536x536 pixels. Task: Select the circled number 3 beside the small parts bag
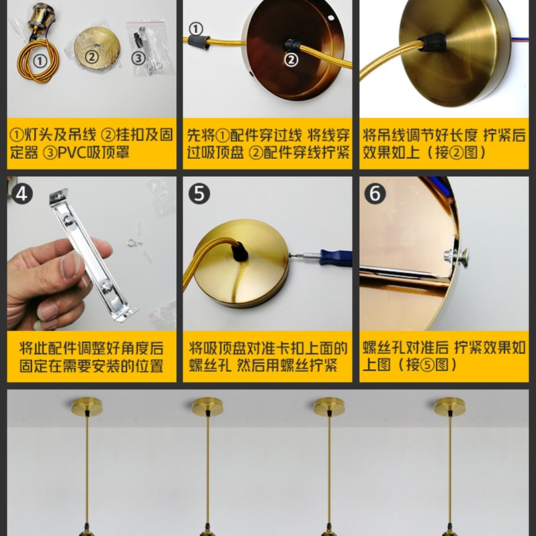[138, 58]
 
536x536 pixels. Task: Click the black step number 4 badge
[23, 194]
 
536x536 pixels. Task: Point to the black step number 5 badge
[199, 194]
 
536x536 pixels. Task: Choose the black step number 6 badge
[375, 194]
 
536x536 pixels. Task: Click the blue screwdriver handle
[336, 257]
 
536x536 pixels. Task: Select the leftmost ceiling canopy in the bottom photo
[87, 406]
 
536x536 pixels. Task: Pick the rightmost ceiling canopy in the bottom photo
[449, 406]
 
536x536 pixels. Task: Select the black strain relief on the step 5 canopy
[238, 253]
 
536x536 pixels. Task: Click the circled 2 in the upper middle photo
[291, 60]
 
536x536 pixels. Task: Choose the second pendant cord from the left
[207, 469]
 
